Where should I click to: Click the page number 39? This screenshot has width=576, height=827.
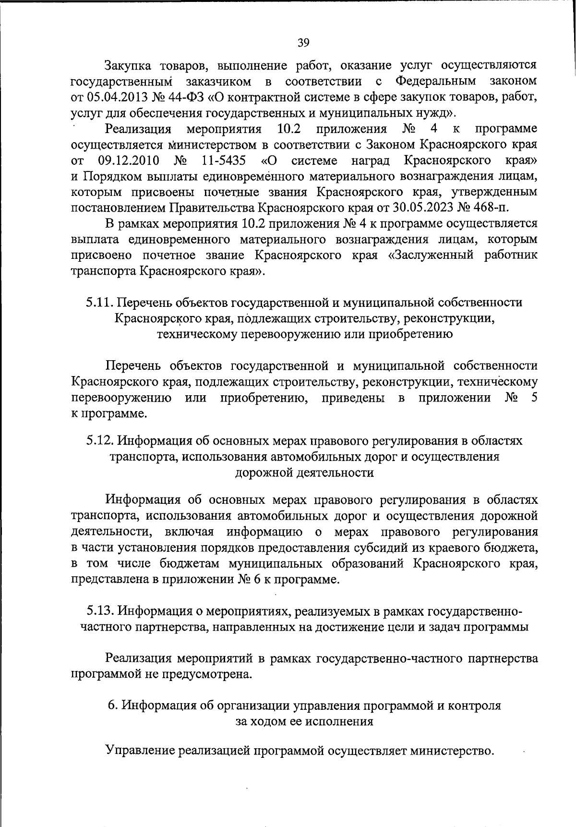[x=303, y=43]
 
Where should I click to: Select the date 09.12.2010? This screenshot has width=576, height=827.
[x=129, y=160]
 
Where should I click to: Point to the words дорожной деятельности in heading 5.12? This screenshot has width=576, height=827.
[x=304, y=472]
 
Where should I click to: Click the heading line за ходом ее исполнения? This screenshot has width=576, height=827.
[x=304, y=722]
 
